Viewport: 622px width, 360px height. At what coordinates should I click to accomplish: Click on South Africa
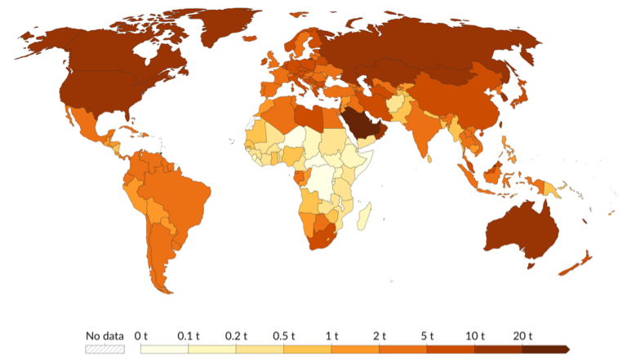point(322,240)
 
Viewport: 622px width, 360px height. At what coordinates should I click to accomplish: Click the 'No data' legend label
point(105,336)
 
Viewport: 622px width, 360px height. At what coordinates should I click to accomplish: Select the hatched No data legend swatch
point(105,349)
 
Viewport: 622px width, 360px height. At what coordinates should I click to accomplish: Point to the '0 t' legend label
point(141,336)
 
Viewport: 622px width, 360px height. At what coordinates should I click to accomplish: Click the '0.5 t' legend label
point(284,336)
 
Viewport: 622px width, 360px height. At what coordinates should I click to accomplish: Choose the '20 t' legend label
point(522,336)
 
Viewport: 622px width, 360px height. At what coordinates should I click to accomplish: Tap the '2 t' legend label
point(380,336)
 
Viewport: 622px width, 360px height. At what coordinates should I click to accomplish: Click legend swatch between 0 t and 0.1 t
point(165,349)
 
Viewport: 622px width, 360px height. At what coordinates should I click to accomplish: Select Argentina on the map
point(160,253)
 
